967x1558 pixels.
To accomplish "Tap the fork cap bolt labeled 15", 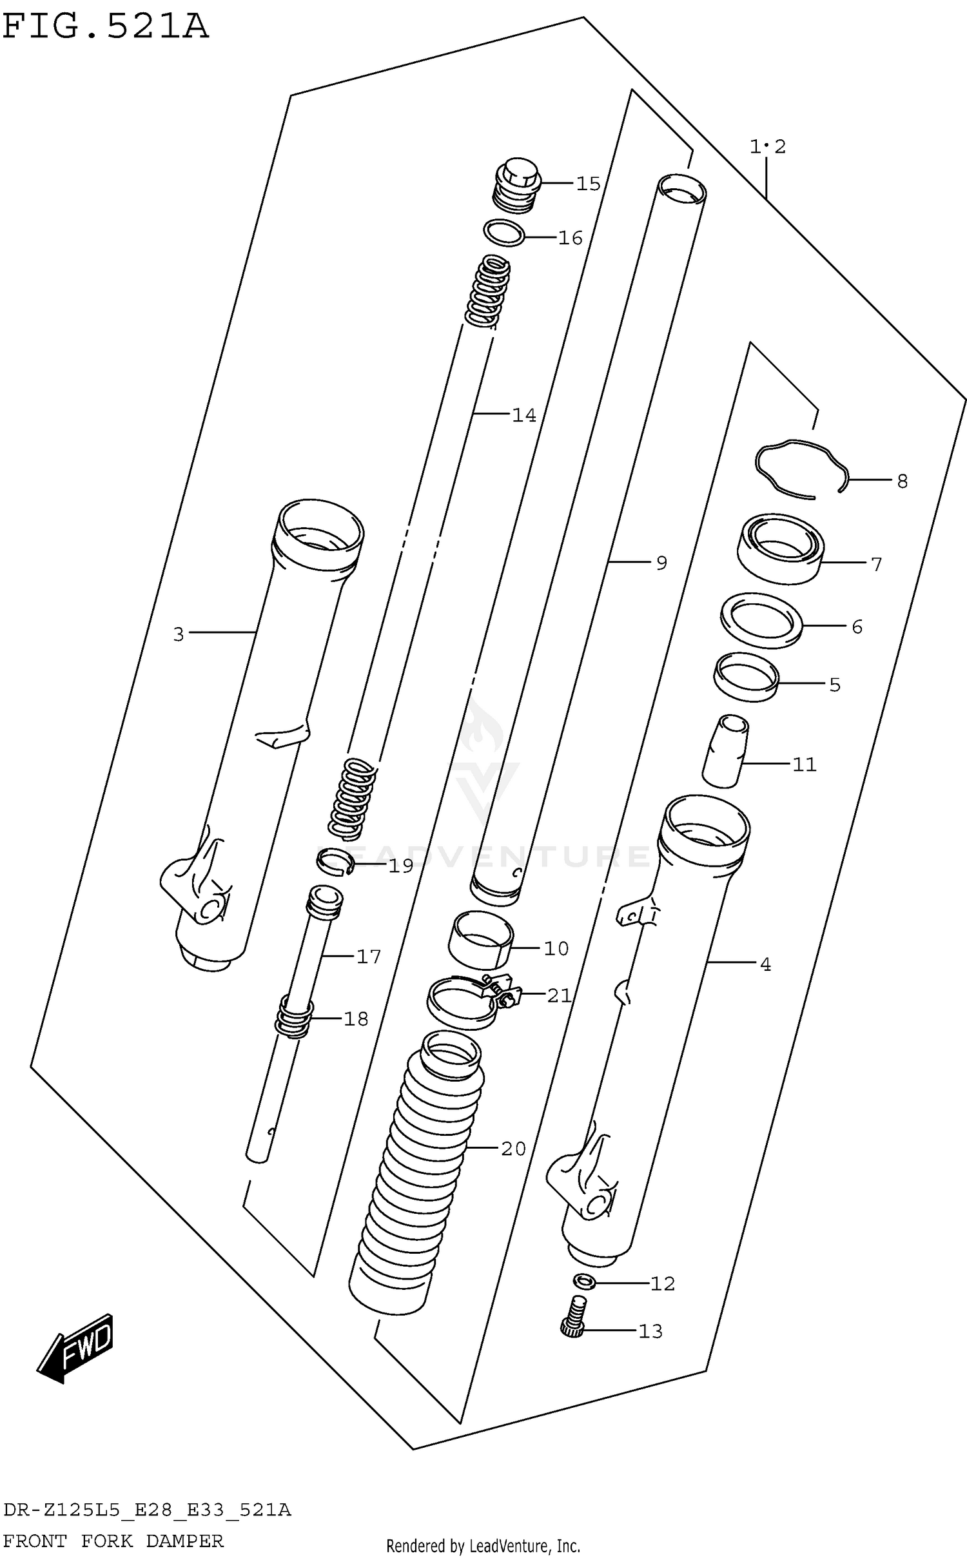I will [517, 184].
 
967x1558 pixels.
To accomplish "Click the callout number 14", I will [523, 416].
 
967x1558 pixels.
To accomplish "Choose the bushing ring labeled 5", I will [746, 677].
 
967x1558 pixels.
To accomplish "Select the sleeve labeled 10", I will [481, 939].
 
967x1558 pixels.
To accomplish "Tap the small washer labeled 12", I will [583, 1283].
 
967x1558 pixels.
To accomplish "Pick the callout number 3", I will [179, 634].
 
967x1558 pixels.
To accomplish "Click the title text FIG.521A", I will [105, 27].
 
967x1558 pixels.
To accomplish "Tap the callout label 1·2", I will [767, 147].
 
